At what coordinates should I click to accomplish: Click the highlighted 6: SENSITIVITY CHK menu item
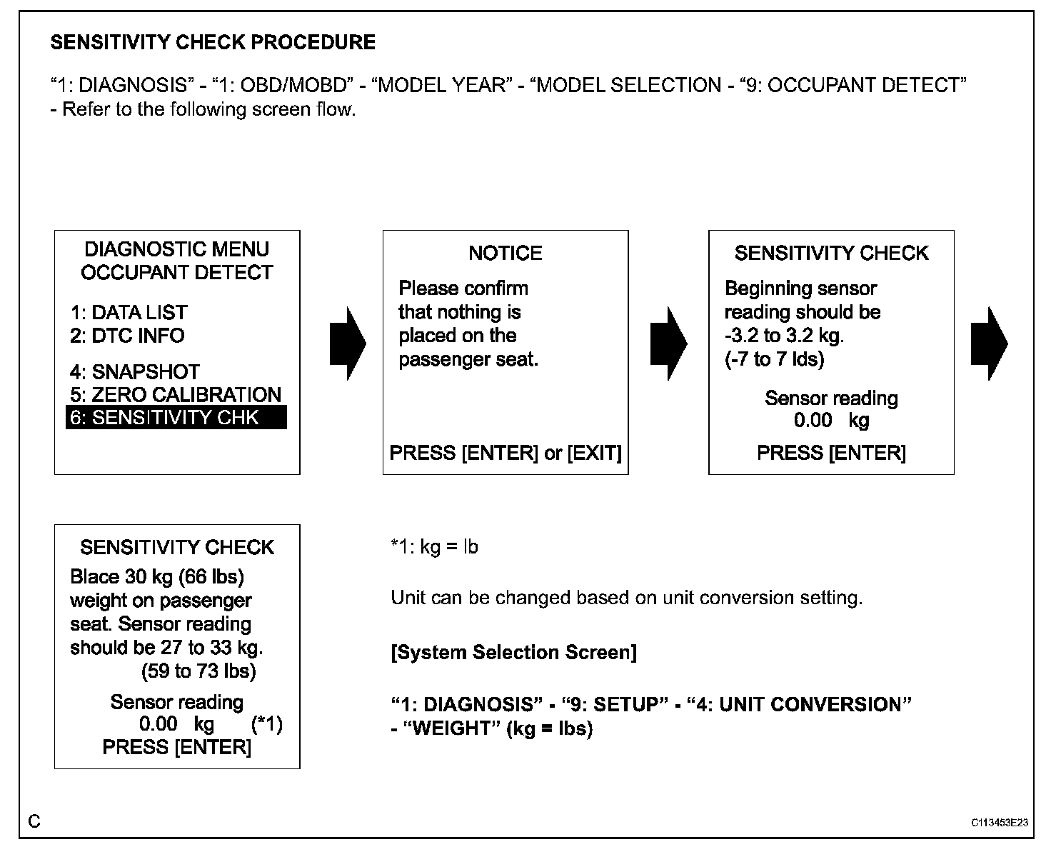click(176, 418)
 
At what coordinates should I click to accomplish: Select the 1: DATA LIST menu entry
click(129, 313)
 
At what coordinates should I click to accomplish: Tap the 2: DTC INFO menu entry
click(127, 336)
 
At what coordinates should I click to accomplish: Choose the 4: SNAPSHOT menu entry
click(135, 372)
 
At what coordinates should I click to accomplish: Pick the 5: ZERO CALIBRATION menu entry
click(176, 395)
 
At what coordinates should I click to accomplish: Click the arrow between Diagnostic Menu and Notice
click(347, 344)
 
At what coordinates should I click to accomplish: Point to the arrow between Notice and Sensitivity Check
click(668, 344)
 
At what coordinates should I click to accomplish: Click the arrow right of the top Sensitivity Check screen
click(989, 344)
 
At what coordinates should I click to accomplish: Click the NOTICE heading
click(506, 254)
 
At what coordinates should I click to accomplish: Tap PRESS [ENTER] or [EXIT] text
click(506, 453)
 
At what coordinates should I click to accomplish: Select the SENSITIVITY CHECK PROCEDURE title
click(213, 43)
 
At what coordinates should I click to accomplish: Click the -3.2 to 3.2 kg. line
click(784, 336)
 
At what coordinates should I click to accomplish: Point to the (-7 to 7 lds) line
click(775, 359)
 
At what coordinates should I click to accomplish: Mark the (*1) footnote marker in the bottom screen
click(267, 725)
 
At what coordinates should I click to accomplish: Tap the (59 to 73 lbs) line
click(198, 671)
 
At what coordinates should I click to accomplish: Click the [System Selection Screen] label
click(514, 653)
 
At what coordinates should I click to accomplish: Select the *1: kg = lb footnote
click(434, 547)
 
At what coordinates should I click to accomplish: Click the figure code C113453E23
click(999, 823)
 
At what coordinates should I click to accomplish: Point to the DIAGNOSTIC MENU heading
click(177, 249)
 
